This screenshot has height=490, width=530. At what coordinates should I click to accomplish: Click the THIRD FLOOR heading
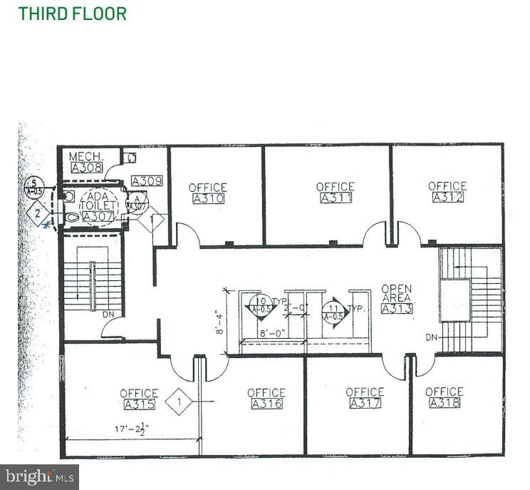[x=72, y=14]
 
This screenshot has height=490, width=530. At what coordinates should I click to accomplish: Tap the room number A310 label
[x=207, y=199]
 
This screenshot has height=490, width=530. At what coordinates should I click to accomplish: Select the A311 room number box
[x=335, y=198]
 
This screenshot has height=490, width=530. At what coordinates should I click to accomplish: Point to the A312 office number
[x=447, y=197]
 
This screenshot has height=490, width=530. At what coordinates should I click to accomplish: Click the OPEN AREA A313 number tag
[x=397, y=309]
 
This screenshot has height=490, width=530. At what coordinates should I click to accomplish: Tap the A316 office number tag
[x=266, y=404]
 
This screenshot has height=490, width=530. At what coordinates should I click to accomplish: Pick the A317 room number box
[x=365, y=403]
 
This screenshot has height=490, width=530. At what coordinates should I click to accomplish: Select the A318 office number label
[x=444, y=403]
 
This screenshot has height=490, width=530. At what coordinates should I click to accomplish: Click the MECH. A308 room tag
[x=86, y=168]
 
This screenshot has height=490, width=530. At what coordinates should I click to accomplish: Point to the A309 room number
[x=147, y=181]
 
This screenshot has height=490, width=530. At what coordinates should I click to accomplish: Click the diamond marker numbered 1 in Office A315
[x=180, y=402]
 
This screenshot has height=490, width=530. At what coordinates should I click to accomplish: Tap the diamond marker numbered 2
[x=37, y=213]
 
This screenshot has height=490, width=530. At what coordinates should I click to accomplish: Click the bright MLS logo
[x=40, y=476]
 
